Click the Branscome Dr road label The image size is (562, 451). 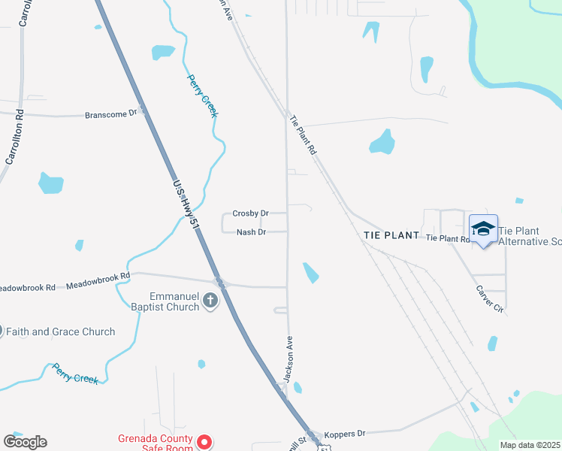[111, 114]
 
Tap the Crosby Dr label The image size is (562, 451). [250, 213]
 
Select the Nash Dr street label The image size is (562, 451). [251, 232]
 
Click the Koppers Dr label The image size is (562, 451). [344, 434]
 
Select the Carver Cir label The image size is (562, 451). [488, 298]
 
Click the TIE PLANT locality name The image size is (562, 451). [391, 235]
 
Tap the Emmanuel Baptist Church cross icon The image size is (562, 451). [210, 302]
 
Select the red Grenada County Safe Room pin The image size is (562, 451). [204, 442]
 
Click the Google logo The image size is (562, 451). [25, 442]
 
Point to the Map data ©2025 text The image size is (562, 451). [530, 445]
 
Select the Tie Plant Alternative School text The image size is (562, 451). [530, 236]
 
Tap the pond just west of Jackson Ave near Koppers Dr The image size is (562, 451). [298, 388]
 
